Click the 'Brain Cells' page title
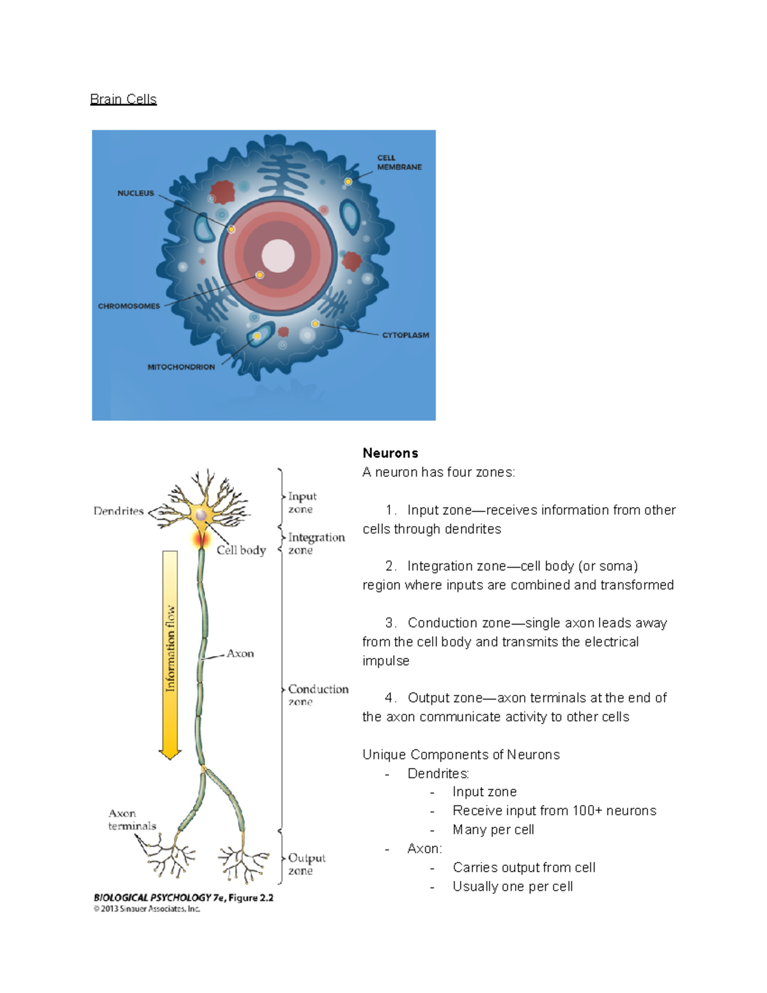pos(123,99)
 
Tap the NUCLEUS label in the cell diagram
pos(136,193)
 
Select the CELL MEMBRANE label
pos(399,162)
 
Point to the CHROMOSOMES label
pos(129,306)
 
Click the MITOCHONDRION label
pos(181,367)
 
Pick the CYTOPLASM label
pos(405,335)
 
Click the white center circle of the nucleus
pos(278,256)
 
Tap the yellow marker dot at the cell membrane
pos(348,182)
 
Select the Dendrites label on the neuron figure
pos(118,511)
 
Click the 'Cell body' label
pos(241,550)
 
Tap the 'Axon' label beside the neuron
pos(240,653)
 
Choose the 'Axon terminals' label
pos(132,820)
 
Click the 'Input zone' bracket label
pos(302,503)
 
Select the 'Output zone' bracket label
pos(306,864)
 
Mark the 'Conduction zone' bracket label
pos(318,694)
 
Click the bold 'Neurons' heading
pos(390,453)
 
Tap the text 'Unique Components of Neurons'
pos(461,755)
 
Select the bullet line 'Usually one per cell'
pos(512,886)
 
